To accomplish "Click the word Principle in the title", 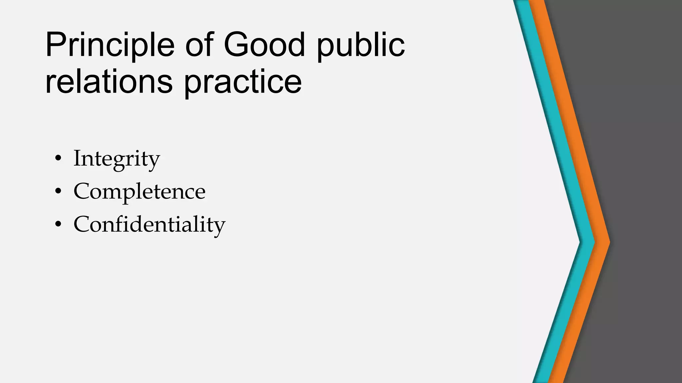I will coord(110,45).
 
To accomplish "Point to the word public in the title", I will coord(361,45).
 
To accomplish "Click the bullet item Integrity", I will coord(117,159).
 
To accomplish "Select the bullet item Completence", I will coord(140,191).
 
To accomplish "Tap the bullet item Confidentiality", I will coord(150,225).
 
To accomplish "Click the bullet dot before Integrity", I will coord(58,159).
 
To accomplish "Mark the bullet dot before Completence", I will coord(58,191).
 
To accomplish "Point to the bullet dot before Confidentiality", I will coord(58,225).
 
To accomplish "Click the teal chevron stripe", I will coord(563,166).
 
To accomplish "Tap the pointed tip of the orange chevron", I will coord(609,242).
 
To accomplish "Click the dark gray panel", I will coord(646,166).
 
